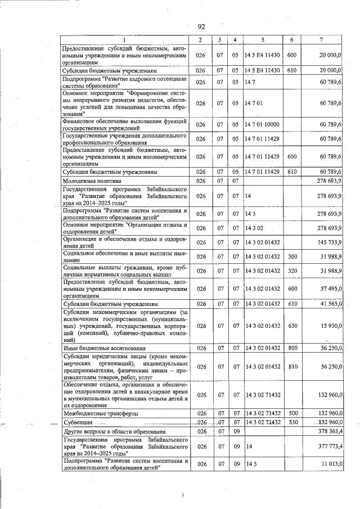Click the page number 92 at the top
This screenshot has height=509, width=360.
[201, 26]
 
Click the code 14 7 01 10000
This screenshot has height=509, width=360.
[263, 124]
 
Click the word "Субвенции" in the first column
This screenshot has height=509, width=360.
[79, 422]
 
